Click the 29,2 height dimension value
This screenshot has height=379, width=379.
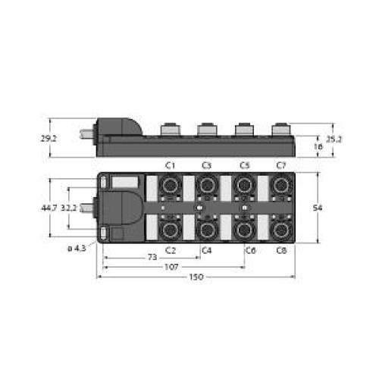pyautogui.click(x=49, y=139)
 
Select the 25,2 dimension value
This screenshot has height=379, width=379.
pyautogui.click(x=334, y=139)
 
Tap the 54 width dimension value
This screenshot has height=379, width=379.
pyautogui.click(x=318, y=208)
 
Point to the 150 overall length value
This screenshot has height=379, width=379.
pyautogui.click(x=196, y=277)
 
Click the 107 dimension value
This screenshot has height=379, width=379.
pyautogui.click(x=171, y=267)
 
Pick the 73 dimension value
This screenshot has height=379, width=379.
pyautogui.click(x=152, y=257)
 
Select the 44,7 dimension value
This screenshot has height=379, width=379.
pyautogui.click(x=49, y=208)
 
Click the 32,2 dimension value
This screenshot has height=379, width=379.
pyautogui.click(x=68, y=208)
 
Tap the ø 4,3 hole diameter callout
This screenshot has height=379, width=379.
pyautogui.click(x=77, y=249)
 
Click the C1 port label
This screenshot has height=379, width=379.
pyautogui.click(x=170, y=166)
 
